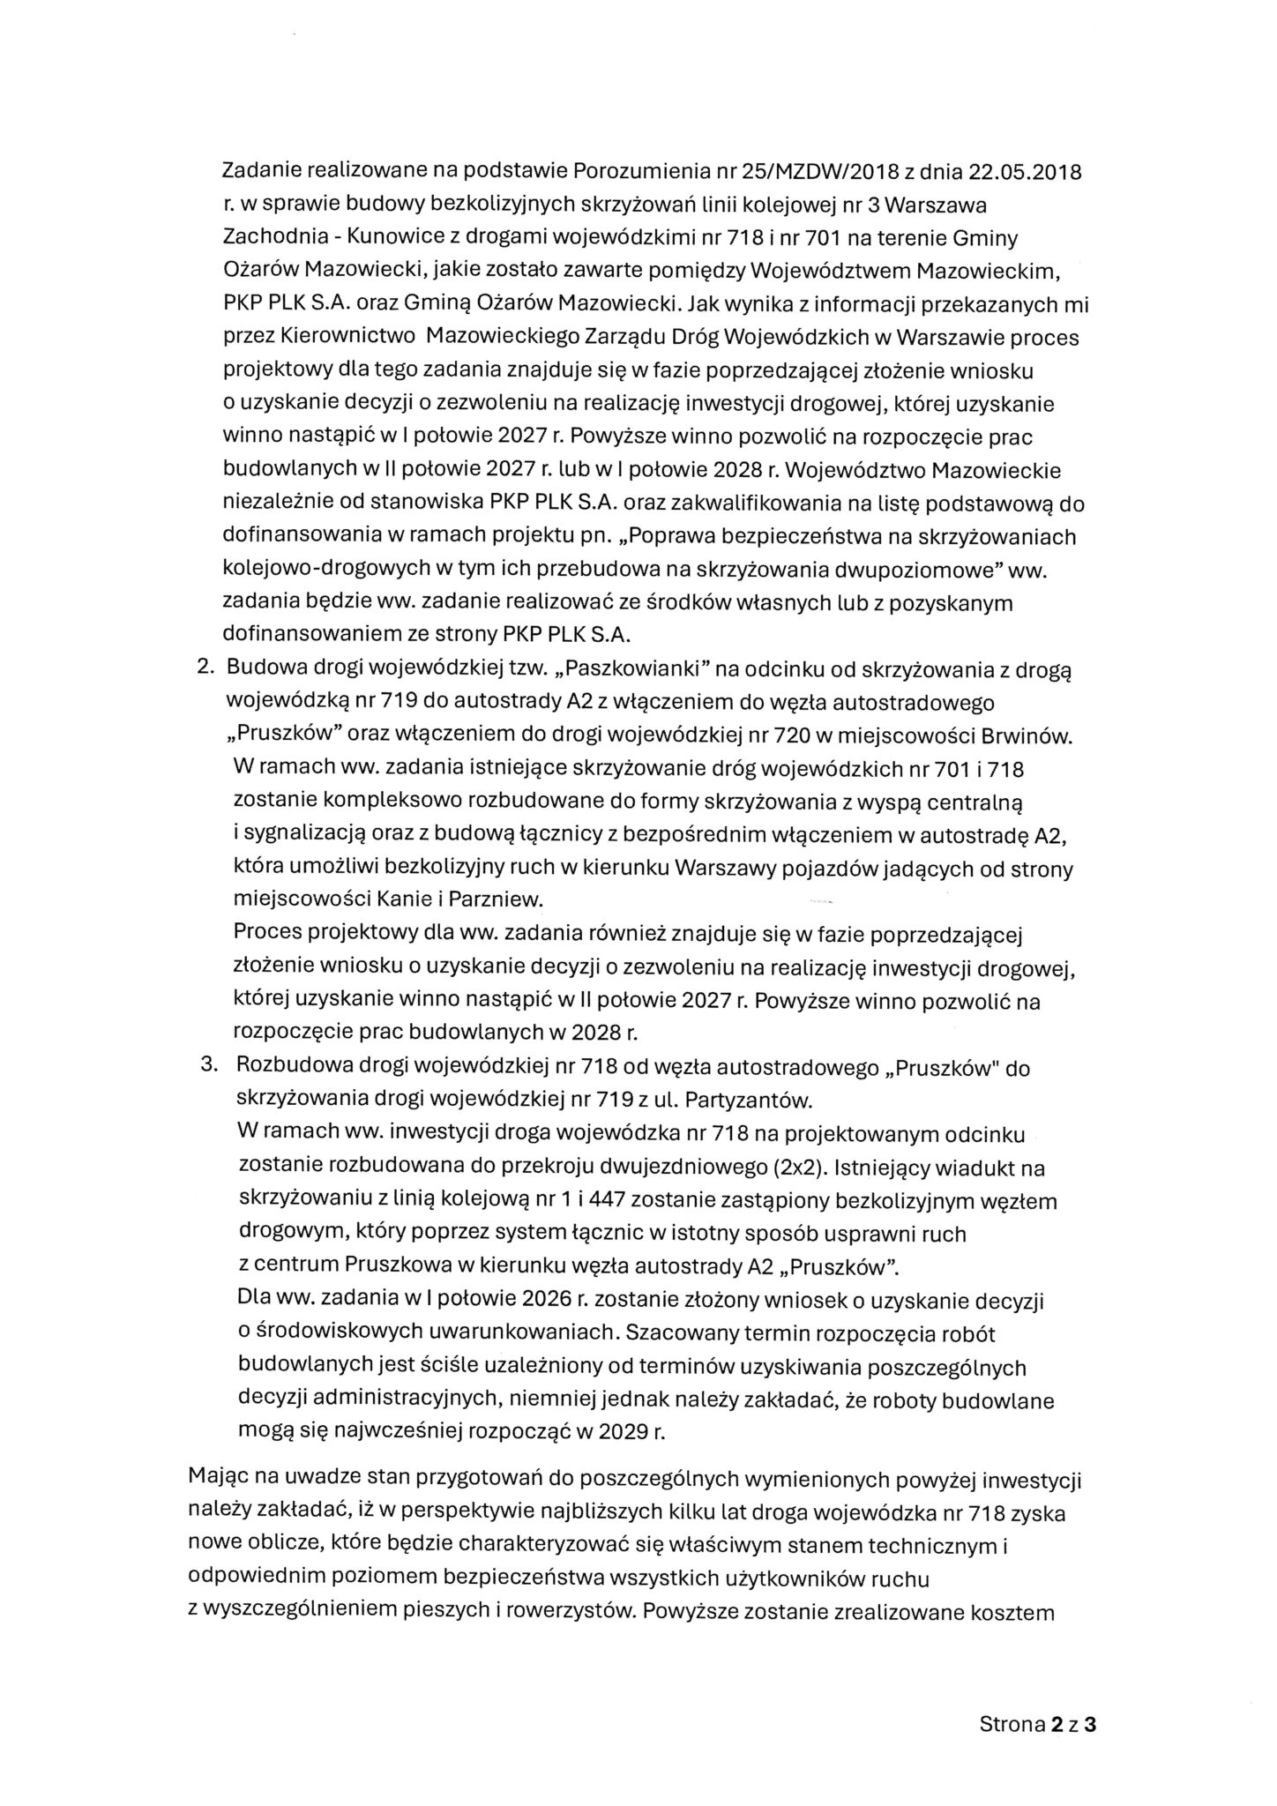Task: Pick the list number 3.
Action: pos(209,1068)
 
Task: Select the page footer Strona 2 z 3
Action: pos(1037,1724)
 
